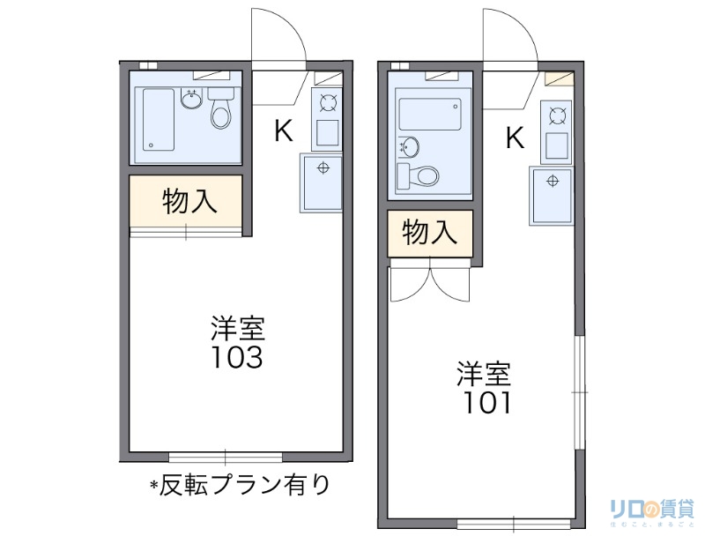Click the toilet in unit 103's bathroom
(x=221, y=112)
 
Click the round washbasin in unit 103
(x=191, y=99)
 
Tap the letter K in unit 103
(x=283, y=131)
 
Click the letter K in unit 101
(x=515, y=138)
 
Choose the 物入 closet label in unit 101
(x=430, y=233)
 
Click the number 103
(x=235, y=358)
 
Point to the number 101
(x=483, y=403)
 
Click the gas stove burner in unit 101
(x=557, y=114)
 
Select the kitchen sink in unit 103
(x=322, y=182)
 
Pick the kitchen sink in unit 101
(x=553, y=195)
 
